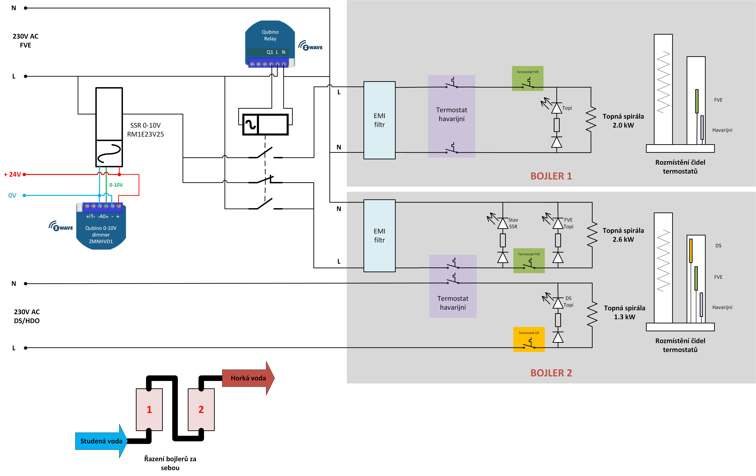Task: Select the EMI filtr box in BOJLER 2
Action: pos(379,236)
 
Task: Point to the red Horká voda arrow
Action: pos(248,378)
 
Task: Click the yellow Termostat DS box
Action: pos(529,339)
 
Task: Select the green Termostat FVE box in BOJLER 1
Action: pos(527,78)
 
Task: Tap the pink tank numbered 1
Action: pos(149,409)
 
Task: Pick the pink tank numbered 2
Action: pos(201,409)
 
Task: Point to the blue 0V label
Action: pos(12,195)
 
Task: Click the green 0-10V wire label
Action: pos(116,185)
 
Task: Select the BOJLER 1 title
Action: pos(551,176)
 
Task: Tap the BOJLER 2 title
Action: pos(551,373)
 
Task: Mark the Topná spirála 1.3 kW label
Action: pos(624,312)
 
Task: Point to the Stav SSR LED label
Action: pos(513,223)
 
